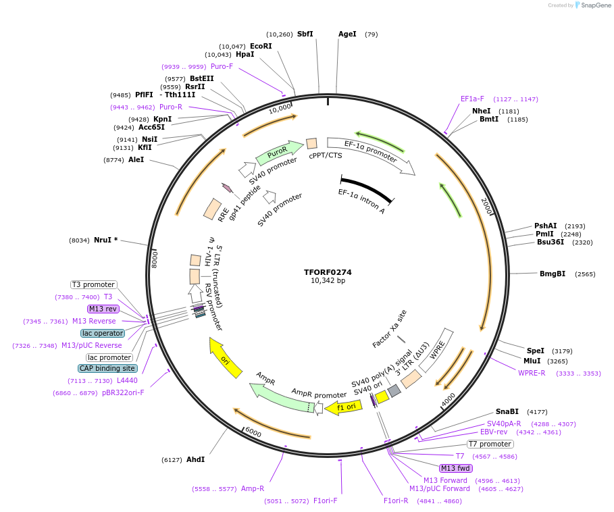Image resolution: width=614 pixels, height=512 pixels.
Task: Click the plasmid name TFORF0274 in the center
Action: [x=328, y=272]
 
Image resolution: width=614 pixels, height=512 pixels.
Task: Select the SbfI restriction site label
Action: [x=305, y=34]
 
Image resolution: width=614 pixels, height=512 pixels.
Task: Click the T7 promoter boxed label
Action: [x=490, y=444]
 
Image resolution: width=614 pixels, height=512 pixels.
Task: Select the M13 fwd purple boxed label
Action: [x=455, y=468]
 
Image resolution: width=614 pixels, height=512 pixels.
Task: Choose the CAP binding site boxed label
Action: [x=108, y=368]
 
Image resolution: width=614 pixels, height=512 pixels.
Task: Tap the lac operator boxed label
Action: [x=103, y=333]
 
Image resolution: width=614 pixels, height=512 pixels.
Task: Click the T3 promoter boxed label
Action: [x=93, y=284]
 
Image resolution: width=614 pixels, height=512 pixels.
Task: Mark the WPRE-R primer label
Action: [x=532, y=373]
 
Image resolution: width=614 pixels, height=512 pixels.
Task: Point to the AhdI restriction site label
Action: [x=195, y=459]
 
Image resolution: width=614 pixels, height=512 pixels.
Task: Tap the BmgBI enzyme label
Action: [x=553, y=274]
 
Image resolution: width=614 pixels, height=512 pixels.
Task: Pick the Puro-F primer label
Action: [x=222, y=66]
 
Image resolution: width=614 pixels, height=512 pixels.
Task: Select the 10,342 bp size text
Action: [x=328, y=280]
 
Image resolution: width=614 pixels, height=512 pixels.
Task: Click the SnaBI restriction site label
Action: [x=507, y=411]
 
